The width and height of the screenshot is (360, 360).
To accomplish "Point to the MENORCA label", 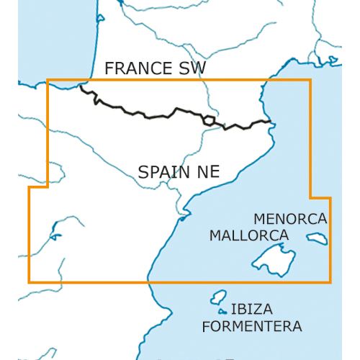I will (x=290, y=218).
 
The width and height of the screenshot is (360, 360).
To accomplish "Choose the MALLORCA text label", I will (x=248, y=235).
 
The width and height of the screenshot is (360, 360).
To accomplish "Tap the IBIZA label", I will (x=251, y=310).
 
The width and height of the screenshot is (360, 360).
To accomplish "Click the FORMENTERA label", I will (x=251, y=327).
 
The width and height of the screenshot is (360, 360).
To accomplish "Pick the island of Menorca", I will (x=317, y=238).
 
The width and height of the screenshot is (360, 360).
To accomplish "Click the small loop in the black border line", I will (x=210, y=120).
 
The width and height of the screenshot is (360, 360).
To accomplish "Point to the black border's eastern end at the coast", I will (x=271, y=122).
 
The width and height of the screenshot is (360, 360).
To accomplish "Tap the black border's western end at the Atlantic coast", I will (x=81, y=87).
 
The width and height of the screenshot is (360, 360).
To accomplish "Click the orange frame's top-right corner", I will (x=310, y=80).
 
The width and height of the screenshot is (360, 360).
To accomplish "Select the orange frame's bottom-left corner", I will (x=30, y=282).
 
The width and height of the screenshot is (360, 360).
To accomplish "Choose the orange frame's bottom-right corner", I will (x=330, y=282).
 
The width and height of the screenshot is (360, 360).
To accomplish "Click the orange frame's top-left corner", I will (x=48, y=80).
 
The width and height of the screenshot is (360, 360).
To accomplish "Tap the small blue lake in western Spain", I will (x=53, y=234).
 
